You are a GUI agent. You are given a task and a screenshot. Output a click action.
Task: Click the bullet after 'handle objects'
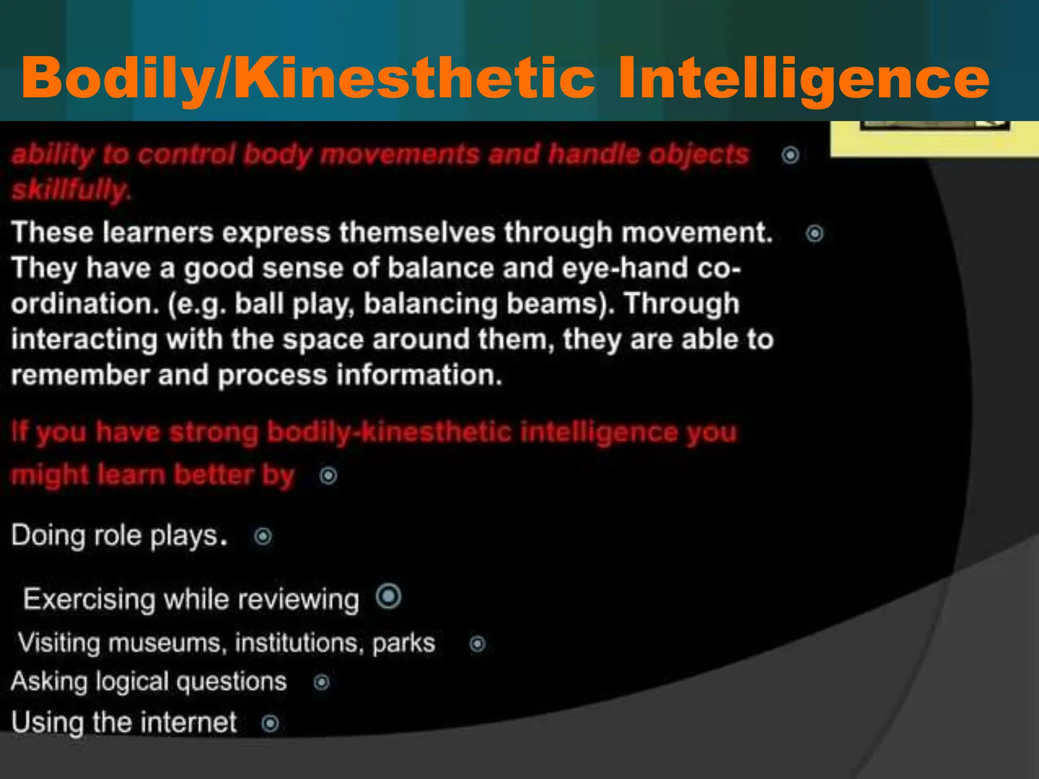(x=790, y=155)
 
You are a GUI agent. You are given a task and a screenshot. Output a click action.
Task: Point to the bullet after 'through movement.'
(x=815, y=233)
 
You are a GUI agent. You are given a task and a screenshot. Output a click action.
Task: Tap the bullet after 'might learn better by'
(x=328, y=476)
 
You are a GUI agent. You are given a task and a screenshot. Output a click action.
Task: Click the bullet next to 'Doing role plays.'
(x=263, y=536)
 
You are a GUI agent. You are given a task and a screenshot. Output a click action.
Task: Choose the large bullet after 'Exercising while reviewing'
(x=389, y=596)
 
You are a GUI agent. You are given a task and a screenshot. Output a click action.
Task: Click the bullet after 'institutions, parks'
(x=477, y=644)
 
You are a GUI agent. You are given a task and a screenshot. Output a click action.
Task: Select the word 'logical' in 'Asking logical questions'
(x=132, y=682)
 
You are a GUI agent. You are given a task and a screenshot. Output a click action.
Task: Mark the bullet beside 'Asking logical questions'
(x=322, y=683)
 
